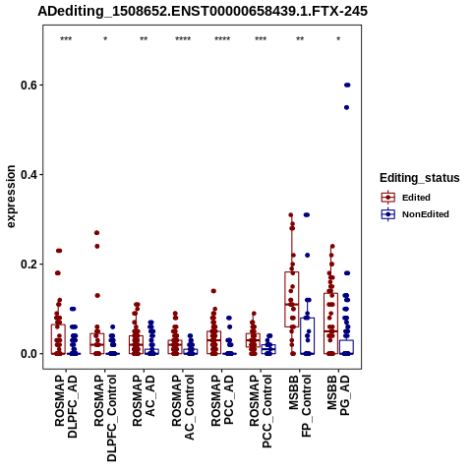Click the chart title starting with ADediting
coord(203,12)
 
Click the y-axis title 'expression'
coord(11,197)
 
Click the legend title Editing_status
coord(420,178)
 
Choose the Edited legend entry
coord(406,198)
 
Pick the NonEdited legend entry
coord(415,214)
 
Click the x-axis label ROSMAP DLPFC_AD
coord(66,406)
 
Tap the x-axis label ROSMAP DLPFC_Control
coord(105,418)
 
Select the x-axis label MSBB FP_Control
coord(300,406)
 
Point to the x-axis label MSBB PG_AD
coord(338,395)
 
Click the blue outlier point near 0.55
coord(346,107)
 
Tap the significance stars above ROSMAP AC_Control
coord(183,39)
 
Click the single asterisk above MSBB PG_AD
coord(338,39)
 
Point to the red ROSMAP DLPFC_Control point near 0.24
coord(97,246)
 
